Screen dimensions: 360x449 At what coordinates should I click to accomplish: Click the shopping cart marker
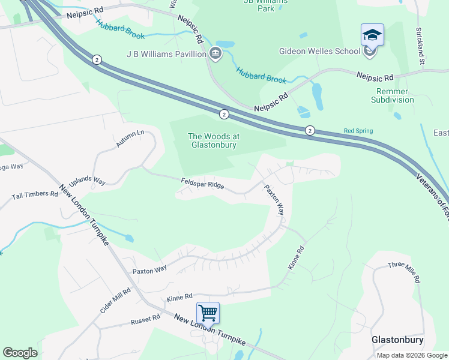(x=208, y=313)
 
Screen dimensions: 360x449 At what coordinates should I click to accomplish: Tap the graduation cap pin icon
(x=372, y=35)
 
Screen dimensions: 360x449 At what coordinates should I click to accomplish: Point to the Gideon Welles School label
(x=319, y=51)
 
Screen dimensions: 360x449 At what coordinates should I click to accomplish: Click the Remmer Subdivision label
(x=392, y=95)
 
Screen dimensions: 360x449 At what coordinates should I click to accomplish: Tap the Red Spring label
(x=358, y=131)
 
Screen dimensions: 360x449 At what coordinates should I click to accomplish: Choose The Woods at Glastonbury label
(x=213, y=140)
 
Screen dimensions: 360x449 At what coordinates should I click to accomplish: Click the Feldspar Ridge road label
(x=202, y=183)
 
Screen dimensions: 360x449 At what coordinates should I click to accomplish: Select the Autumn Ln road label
(x=131, y=139)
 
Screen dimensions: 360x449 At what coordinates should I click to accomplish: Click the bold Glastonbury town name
(x=397, y=340)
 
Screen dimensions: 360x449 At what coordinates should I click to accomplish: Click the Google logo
(x=20, y=353)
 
